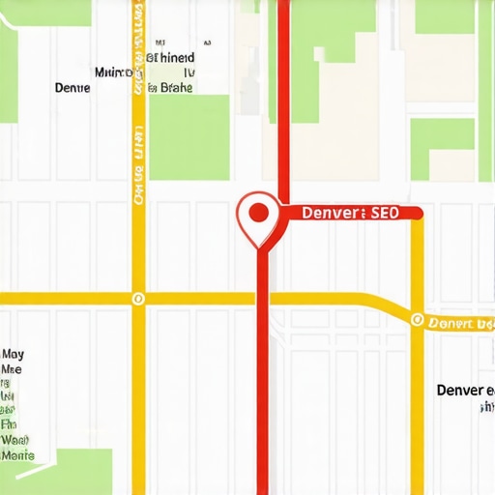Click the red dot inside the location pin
[x=258, y=212]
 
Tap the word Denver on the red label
[x=331, y=214]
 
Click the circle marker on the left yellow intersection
[x=138, y=299]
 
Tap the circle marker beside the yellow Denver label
[x=417, y=319]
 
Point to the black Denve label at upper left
[x=73, y=88]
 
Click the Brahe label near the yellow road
[x=175, y=88]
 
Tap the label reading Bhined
[x=174, y=58]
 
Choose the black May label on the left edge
[x=13, y=354]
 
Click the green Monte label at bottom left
[x=17, y=454]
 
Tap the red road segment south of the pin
[x=262, y=387]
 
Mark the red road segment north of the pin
[x=283, y=97]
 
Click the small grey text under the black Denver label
[x=482, y=408]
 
